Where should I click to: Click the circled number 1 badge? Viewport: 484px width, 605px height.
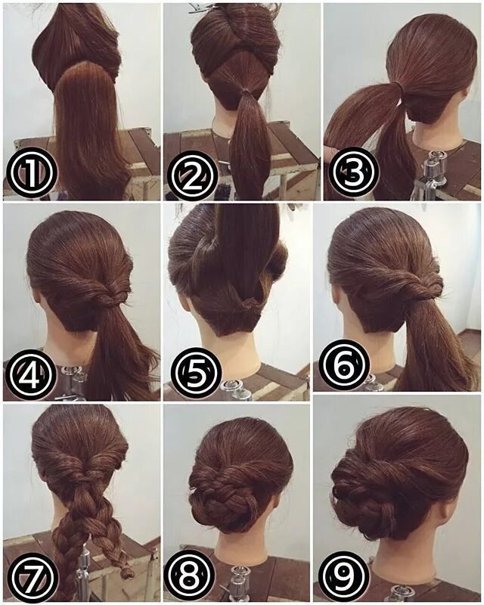tap(32, 174)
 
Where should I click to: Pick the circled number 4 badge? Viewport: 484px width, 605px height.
tap(30, 374)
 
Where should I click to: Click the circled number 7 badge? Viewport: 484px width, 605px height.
tap(33, 577)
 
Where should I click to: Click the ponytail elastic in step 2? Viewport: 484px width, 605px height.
tap(244, 92)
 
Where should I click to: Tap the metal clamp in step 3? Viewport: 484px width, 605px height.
tap(432, 169)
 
